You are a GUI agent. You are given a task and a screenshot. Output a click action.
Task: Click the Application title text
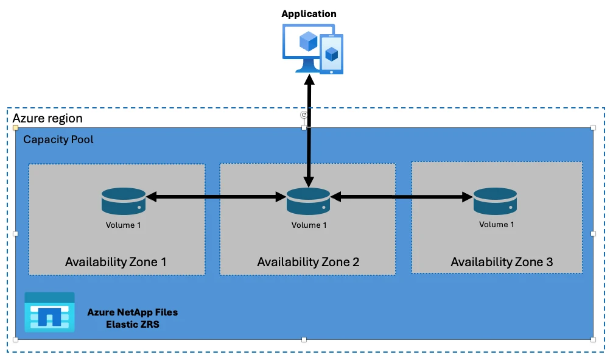coord(309,13)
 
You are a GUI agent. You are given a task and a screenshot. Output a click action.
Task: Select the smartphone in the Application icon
coord(331,54)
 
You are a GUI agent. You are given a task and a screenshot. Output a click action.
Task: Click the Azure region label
coord(47,118)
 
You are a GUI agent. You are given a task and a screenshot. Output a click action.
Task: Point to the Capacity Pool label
coord(58,139)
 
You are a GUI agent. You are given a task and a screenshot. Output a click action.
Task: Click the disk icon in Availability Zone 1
coord(123,201)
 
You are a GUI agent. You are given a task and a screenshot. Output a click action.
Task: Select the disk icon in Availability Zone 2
coord(309,201)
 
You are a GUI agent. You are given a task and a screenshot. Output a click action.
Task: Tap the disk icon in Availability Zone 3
coord(496,201)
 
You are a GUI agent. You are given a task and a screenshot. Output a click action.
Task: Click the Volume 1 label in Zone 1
coord(123,225)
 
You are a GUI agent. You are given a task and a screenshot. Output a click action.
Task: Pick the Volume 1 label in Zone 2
coord(309,225)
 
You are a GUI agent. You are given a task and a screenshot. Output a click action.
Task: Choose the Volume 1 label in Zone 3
coord(496,224)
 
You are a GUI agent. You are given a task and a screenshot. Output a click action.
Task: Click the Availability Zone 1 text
coord(116,262)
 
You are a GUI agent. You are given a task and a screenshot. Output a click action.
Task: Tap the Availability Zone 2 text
coord(308,262)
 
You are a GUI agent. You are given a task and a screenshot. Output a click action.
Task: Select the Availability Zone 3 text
coord(502,262)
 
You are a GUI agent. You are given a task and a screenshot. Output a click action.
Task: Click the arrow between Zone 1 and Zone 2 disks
coord(216,197)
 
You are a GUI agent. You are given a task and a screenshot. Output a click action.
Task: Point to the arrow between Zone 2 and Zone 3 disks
coord(402,197)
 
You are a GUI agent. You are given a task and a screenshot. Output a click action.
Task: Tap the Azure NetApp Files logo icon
coord(49,312)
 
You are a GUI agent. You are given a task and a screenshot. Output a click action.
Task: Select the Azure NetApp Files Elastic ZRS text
coord(132,317)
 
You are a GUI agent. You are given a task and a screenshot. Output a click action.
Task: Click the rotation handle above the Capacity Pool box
coord(304,115)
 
